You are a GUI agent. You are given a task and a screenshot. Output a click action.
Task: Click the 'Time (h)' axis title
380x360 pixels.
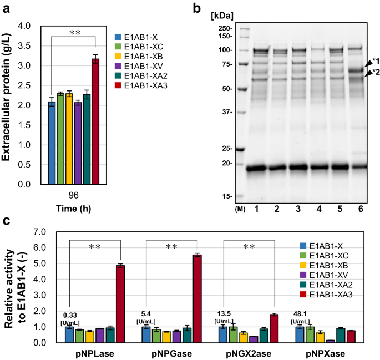click(x=73, y=209)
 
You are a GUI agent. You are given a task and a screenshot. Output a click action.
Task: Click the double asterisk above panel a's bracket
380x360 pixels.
click(x=74, y=33)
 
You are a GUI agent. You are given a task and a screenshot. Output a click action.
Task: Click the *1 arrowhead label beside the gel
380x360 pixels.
click(x=374, y=61)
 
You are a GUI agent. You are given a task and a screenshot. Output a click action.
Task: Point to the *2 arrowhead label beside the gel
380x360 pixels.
click(x=374, y=72)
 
